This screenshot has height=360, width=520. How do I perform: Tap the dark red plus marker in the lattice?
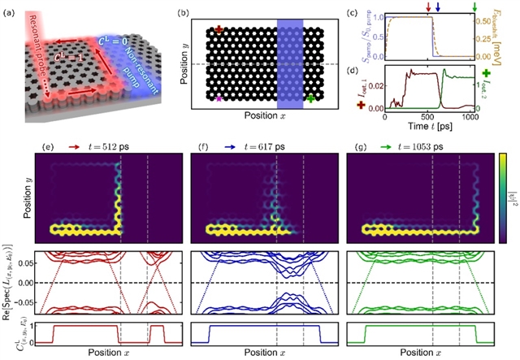click(x=219, y=30)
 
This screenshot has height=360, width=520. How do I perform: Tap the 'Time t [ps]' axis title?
click(x=429, y=127)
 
